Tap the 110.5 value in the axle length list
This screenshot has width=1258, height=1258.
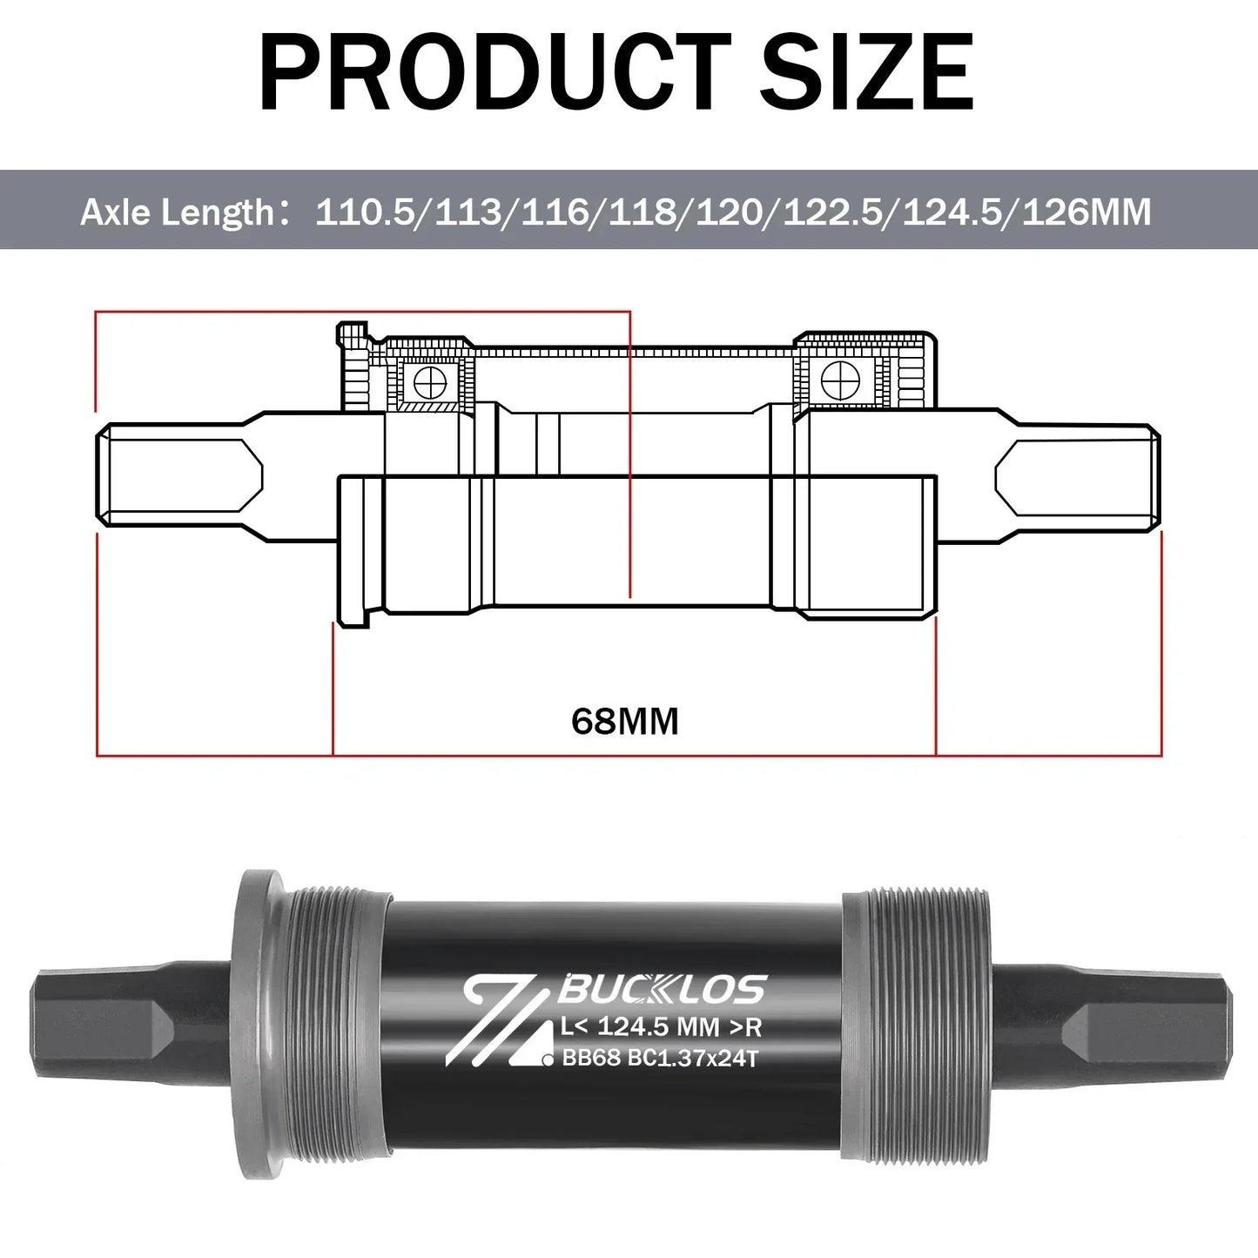tap(365, 212)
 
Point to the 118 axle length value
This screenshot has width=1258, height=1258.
tap(641, 212)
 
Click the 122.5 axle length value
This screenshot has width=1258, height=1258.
tap(831, 212)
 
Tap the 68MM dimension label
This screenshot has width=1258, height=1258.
tap(625, 722)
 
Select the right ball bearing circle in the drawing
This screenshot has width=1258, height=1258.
tap(840, 380)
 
